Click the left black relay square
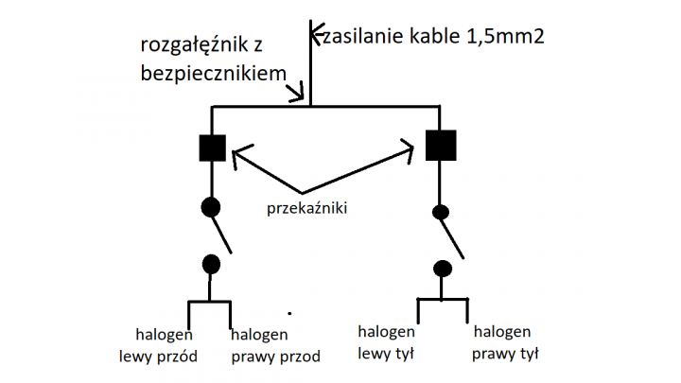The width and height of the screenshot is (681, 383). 212,148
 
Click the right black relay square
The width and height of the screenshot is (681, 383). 441,146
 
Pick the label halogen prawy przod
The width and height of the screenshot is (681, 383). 275,345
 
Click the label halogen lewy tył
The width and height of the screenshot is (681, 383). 386,342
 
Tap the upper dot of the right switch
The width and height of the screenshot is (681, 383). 441,212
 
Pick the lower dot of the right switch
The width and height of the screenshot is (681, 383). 441,268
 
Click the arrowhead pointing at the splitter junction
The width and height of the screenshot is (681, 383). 300,96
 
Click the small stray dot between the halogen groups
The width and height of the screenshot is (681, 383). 289,310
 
